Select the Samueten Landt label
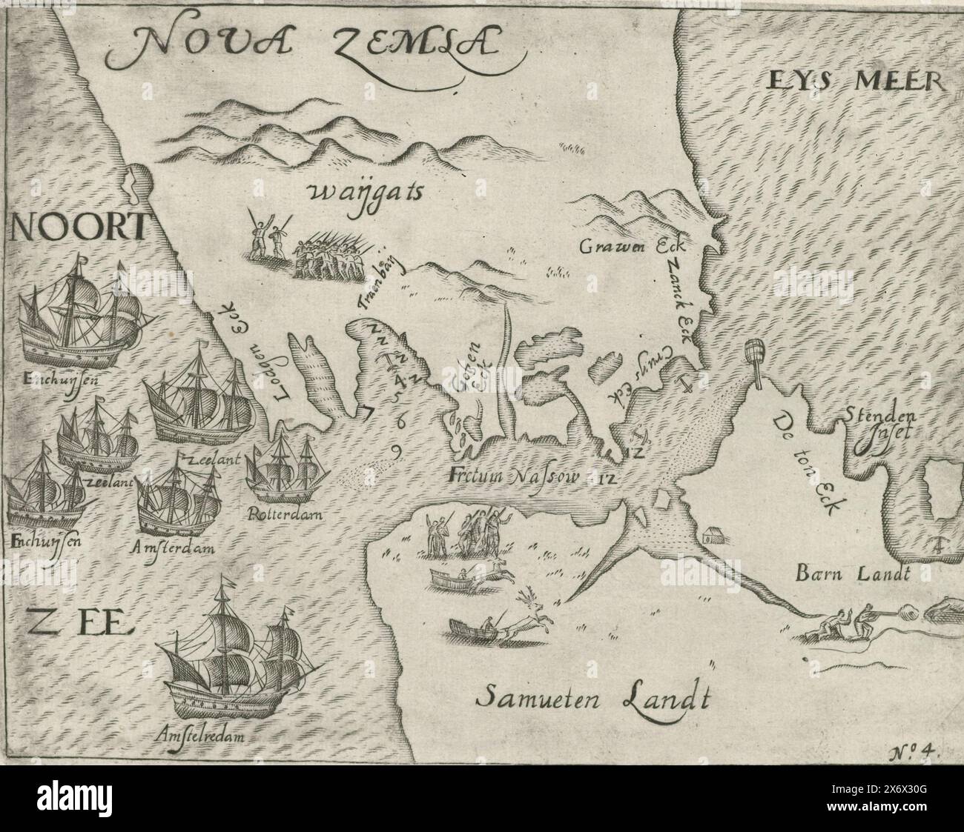click(x=592, y=696)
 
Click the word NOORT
click(x=76, y=227)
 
